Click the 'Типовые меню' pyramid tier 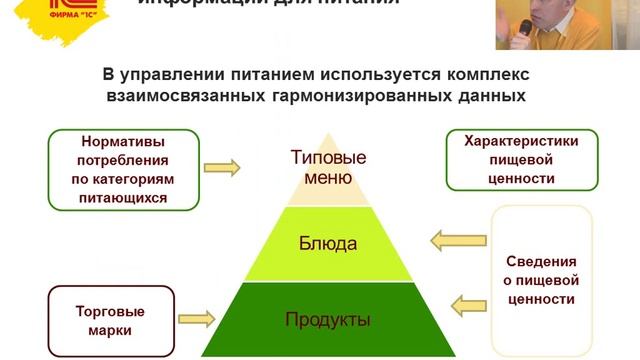pos(327,168)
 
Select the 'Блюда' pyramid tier pos(327,243)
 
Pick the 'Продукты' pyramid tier pos(327,320)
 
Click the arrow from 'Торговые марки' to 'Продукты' pos(198,320)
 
